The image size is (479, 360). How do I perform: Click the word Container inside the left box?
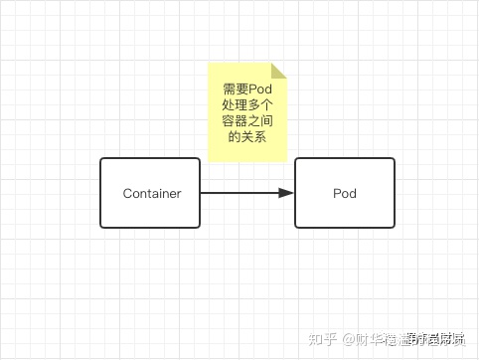point(152,193)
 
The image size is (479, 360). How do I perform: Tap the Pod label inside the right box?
point(344,193)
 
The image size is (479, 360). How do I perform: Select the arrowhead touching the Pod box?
point(287,193)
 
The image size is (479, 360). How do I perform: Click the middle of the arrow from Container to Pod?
point(247,193)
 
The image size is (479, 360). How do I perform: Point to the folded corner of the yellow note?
point(278,71)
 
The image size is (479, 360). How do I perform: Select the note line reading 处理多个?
point(247,104)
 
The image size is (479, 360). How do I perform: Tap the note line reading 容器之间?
point(247,120)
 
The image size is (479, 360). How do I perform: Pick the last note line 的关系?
point(247,136)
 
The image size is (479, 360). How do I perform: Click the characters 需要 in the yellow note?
point(235,89)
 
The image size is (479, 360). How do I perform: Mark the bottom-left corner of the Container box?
point(101,226)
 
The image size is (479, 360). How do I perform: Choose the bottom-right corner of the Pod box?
point(394,226)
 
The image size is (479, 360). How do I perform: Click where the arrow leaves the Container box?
point(202,193)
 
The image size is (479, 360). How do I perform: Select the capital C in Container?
point(127,193)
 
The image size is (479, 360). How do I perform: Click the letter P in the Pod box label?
point(336,193)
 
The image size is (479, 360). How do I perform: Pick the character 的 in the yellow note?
point(235,136)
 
